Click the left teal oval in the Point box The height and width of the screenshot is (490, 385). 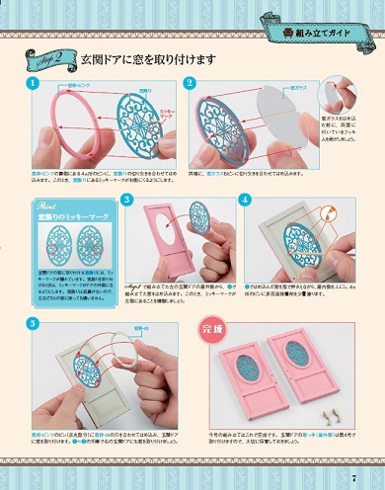53,242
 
